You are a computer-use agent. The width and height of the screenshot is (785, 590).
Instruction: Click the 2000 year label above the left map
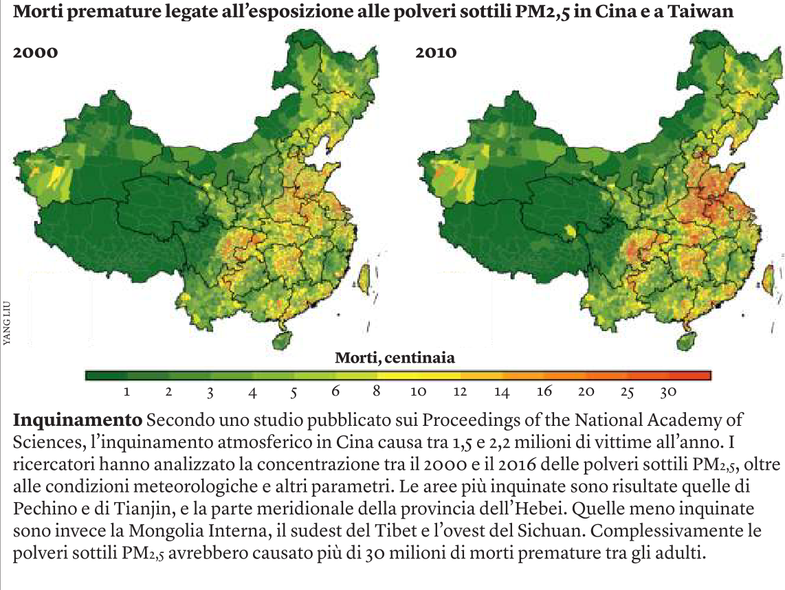[34, 52]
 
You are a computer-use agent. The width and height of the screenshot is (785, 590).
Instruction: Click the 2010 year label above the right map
[436, 52]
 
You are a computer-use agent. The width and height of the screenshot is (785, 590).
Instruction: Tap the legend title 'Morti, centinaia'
[395, 358]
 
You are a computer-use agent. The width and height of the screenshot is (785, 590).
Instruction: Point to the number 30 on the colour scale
[668, 392]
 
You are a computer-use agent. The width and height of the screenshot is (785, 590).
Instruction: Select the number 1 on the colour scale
[127, 392]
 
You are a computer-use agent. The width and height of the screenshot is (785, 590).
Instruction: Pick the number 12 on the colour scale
[460, 392]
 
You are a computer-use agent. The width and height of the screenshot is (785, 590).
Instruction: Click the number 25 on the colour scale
[627, 392]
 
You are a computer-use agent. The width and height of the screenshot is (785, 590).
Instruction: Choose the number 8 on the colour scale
[377, 392]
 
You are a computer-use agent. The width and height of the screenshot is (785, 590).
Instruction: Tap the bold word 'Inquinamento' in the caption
[75, 419]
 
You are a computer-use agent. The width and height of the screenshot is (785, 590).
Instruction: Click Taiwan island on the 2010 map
[765, 280]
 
